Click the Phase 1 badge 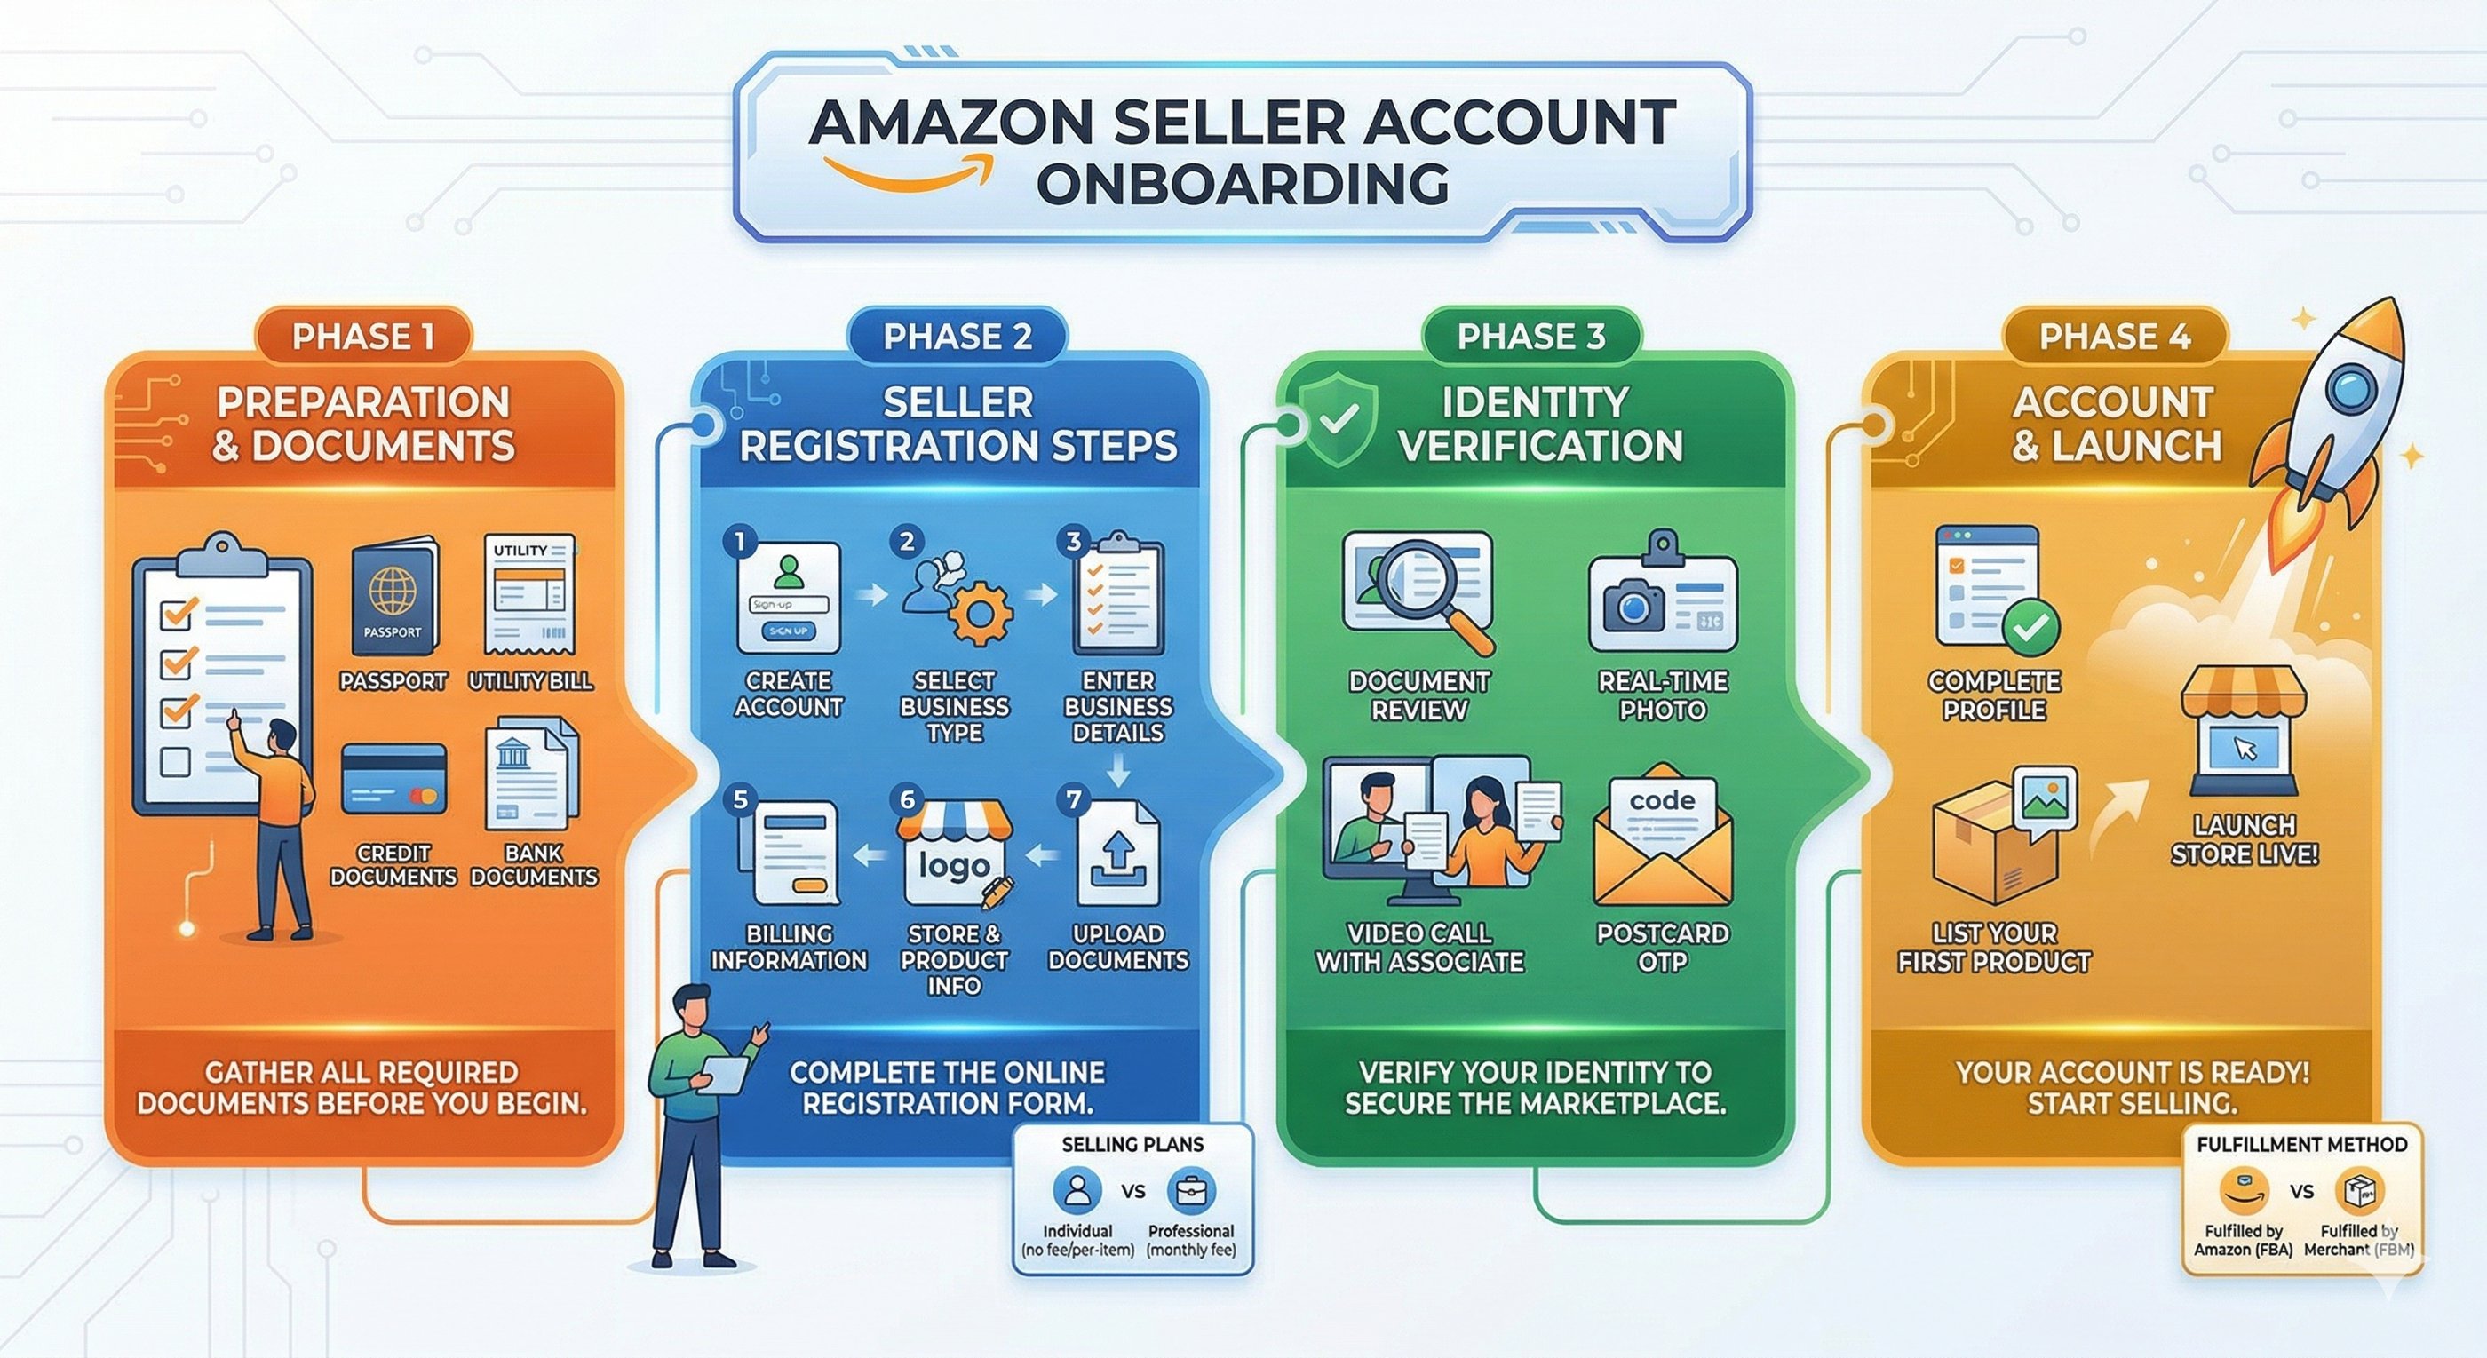[x=363, y=337]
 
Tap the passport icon [x=393, y=598]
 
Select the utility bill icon [x=529, y=593]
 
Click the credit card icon [x=393, y=779]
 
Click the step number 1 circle [x=740, y=542]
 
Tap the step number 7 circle [x=1073, y=799]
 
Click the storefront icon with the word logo [x=954, y=854]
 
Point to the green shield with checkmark [x=1337, y=420]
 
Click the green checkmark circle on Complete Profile [x=2031, y=627]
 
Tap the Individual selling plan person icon [x=1077, y=1190]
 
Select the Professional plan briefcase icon [x=1190, y=1191]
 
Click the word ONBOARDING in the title [x=1242, y=183]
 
